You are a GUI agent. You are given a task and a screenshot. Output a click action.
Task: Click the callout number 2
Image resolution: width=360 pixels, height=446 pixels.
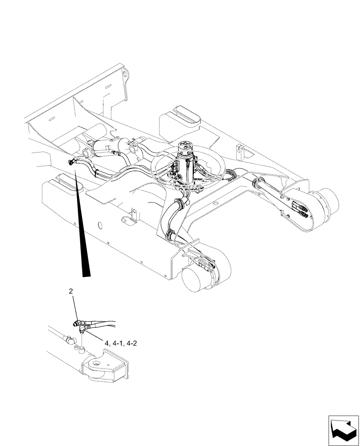pos(71,291)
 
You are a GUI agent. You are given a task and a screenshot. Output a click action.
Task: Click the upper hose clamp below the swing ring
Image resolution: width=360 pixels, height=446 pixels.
pos(180,205)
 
